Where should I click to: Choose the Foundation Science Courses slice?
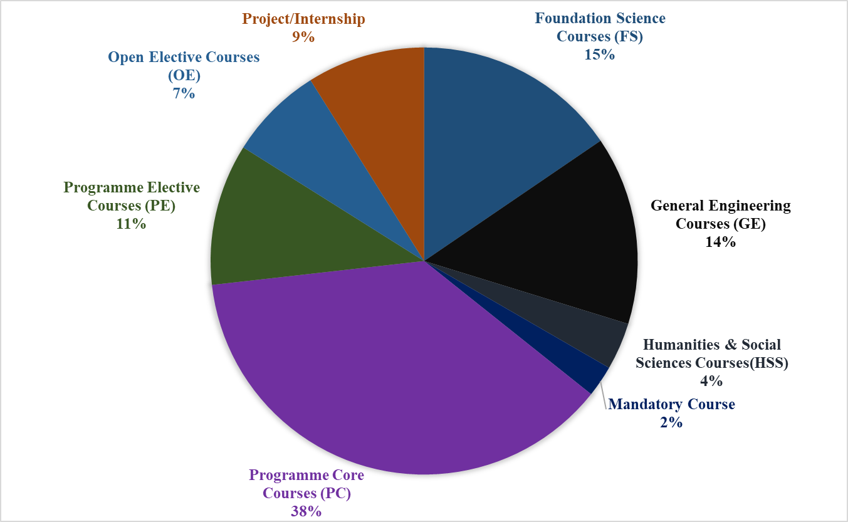495,125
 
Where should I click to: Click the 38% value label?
306,511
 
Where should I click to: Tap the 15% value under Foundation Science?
600,55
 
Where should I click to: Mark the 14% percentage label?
720,242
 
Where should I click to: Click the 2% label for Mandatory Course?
671,422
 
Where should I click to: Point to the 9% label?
303,37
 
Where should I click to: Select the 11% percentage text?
131,224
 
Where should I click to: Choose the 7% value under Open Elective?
184,94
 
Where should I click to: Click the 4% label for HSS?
711,381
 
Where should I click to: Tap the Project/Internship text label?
303,19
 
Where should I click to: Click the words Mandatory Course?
671,404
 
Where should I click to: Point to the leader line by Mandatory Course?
604,398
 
